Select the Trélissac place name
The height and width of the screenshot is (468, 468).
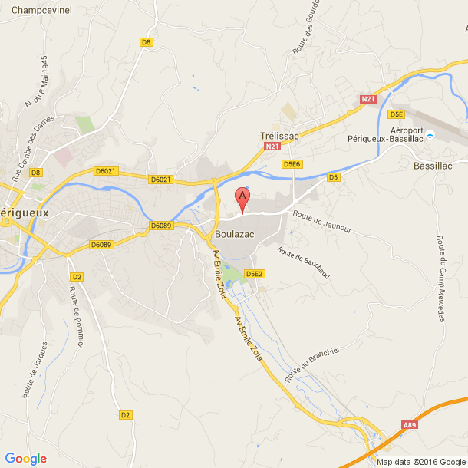coord(278,135)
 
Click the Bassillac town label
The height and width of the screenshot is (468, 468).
coord(433,165)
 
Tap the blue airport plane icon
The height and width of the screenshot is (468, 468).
coord(430,135)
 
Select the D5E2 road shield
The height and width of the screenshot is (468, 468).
coord(255,273)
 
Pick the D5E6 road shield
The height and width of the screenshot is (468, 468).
coord(291,164)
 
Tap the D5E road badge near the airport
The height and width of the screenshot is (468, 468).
coord(396,114)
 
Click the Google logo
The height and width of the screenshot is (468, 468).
coord(25,459)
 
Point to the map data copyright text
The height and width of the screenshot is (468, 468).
coord(420,462)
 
